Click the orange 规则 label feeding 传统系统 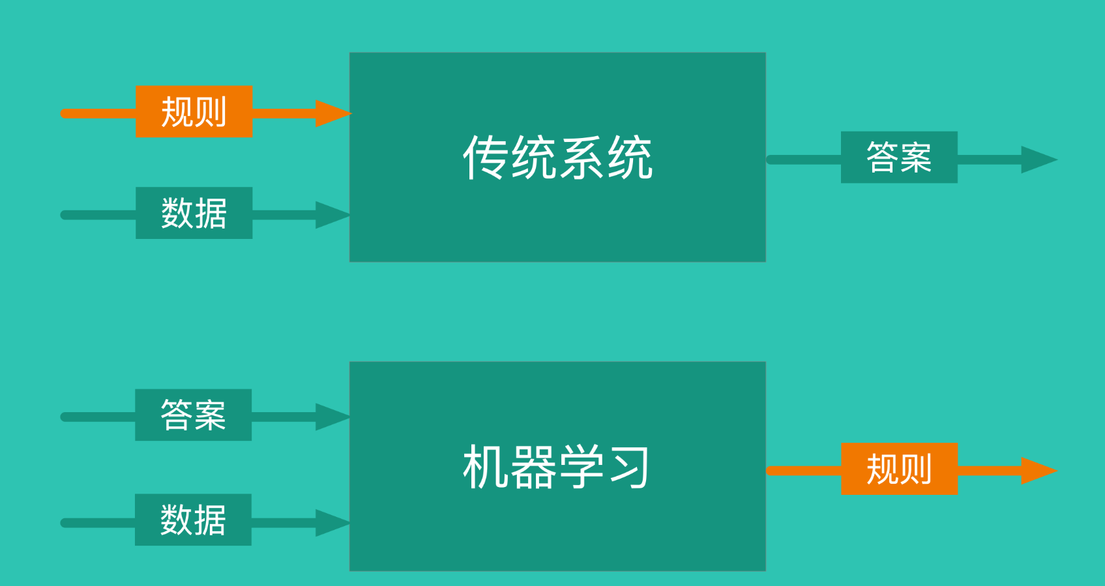pos(194,112)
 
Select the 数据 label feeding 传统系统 pos(194,213)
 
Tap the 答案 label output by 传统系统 pos(899,158)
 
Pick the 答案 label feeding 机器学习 pos(193,415)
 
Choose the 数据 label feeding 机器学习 pos(193,520)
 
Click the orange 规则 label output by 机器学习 pos(899,469)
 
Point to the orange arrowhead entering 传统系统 pos(332,113)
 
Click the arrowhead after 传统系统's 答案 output pos(1039,160)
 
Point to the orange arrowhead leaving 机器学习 pos(1039,471)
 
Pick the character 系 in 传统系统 pos(582,158)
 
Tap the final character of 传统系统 pos(630,158)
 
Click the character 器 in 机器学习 pos(533,467)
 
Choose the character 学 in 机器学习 pos(582,467)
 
